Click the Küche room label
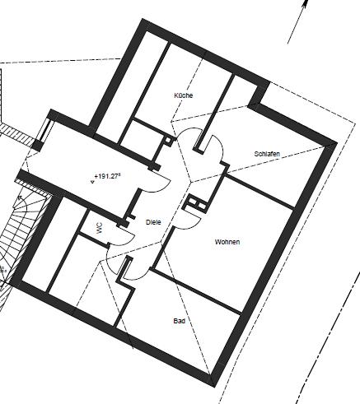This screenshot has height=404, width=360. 183,96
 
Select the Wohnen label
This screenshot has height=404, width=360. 227,242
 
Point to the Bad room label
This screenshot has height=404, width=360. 178,321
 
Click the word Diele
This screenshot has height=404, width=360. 152,222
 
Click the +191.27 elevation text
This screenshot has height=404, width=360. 108,175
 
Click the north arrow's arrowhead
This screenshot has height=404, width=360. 304,6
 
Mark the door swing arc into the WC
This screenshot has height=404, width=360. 115,234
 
